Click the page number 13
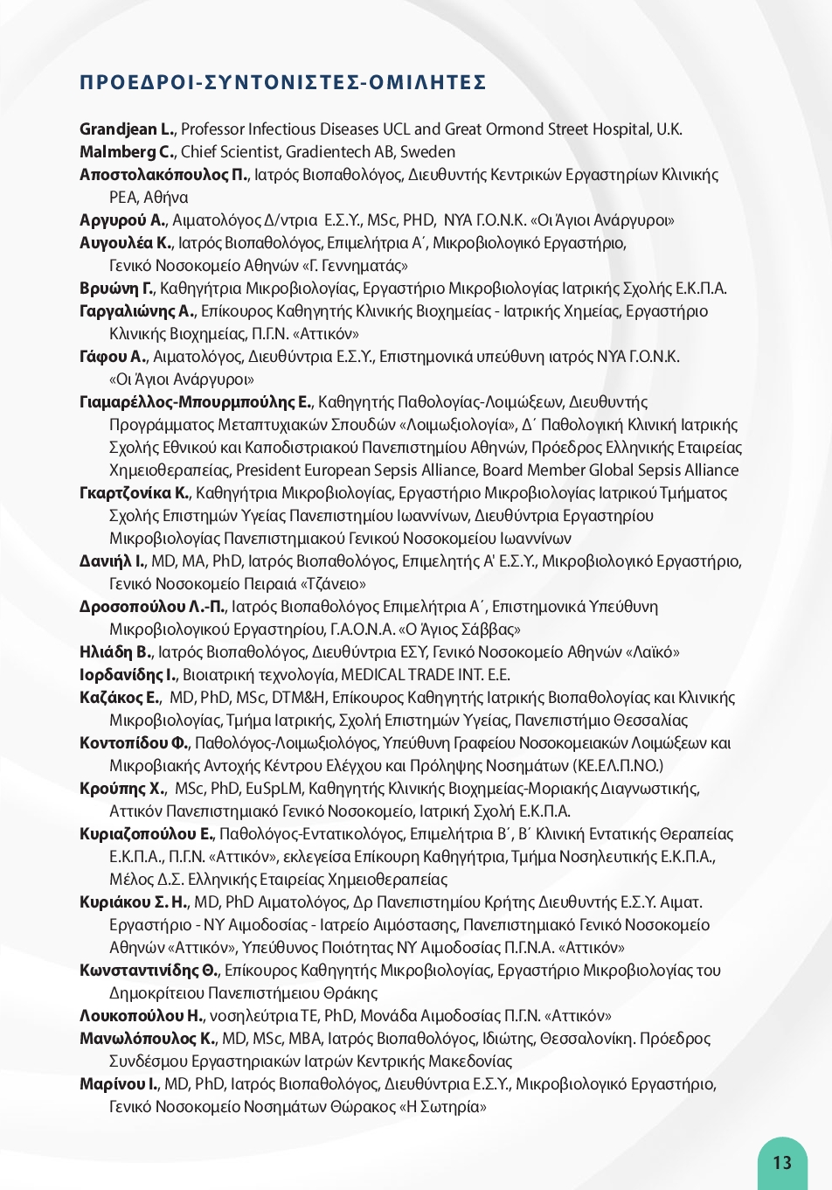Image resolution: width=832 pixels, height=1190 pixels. pos(782,1162)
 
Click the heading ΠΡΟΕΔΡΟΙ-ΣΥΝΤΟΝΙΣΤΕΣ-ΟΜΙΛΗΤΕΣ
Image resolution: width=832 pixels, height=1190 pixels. pos(283,83)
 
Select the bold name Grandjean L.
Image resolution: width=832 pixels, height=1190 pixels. pos(128,129)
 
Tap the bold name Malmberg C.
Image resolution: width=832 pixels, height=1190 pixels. pos(128,152)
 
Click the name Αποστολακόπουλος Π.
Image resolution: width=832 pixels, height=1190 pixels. pos(164,175)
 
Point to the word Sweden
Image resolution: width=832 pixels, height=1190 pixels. pos(429,152)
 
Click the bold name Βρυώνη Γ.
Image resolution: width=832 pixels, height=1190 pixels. pos(117,289)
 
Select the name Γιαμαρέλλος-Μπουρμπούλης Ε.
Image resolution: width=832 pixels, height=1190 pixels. pos(196,402)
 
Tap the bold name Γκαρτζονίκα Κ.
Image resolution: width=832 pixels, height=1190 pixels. pos(135,493)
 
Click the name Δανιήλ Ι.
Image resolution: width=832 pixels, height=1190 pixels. pos(113,561)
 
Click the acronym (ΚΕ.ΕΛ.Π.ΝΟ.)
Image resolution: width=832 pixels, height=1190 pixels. pos(618,766)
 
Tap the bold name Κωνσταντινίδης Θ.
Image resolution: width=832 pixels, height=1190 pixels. pos(149,971)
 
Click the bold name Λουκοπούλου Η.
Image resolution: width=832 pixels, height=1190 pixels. pos(142,1016)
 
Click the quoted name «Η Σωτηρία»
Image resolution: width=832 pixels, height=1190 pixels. pos(443,1107)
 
